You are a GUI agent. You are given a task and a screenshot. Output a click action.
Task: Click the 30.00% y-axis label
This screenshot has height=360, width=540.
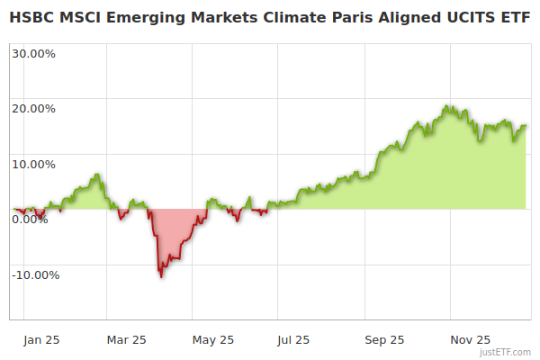click(x=33, y=53)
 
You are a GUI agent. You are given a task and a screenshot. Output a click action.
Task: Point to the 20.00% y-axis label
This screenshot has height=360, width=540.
click(x=33, y=109)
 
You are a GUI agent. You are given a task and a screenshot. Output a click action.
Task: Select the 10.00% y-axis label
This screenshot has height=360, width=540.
click(x=33, y=165)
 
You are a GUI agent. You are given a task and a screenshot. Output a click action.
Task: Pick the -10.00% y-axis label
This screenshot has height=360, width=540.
click(x=35, y=275)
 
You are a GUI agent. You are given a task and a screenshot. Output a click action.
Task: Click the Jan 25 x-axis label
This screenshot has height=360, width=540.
click(x=41, y=340)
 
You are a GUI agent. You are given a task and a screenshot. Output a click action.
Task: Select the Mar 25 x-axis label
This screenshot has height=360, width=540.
click(x=126, y=340)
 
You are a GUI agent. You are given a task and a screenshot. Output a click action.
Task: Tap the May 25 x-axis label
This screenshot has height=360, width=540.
click(x=213, y=340)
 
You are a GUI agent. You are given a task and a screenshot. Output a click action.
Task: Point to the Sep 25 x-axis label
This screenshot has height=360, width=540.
click(x=385, y=340)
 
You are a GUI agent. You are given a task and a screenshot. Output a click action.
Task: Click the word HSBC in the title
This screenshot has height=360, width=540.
click(x=31, y=16)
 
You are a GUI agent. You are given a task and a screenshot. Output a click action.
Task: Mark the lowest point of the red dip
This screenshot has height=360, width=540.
click(x=161, y=276)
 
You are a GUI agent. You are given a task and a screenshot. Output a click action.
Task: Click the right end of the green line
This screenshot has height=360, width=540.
click(x=526, y=126)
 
